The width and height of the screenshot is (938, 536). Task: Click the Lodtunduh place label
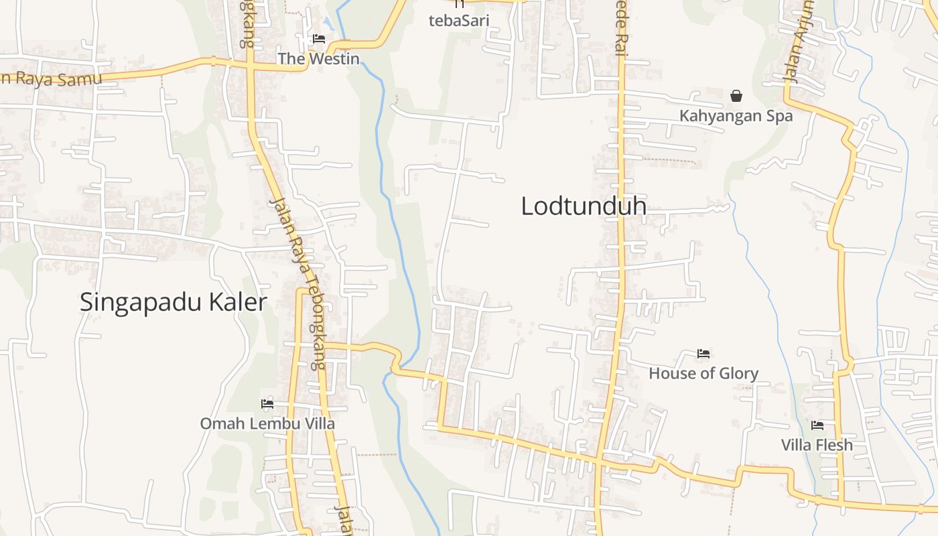(x=584, y=206)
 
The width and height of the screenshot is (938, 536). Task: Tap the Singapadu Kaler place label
(x=174, y=302)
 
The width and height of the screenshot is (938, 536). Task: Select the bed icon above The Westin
(x=319, y=39)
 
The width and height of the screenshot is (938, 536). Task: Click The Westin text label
(x=318, y=59)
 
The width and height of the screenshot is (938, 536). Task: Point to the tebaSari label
(x=459, y=20)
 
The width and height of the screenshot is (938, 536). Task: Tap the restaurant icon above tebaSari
(x=460, y=3)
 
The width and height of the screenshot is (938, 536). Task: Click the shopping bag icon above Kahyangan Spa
(x=736, y=96)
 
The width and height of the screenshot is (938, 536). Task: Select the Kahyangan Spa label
(x=736, y=116)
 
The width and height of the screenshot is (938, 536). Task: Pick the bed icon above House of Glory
(x=703, y=353)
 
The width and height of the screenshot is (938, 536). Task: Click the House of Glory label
(x=703, y=373)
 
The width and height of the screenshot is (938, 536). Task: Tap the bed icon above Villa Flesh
(x=817, y=425)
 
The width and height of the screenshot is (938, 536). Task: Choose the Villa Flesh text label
(x=817, y=445)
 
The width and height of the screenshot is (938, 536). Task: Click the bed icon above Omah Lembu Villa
(x=267, y=403)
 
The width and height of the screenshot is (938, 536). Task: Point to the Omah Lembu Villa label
(x=267, y=424)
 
